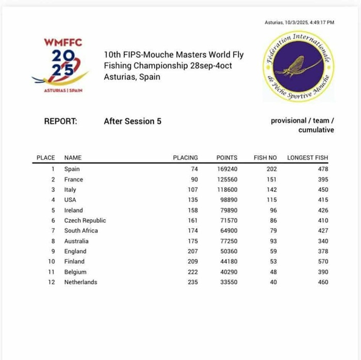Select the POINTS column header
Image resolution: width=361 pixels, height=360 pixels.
[x=227, y=158]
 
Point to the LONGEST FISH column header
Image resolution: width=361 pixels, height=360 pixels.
[x=307, y=158]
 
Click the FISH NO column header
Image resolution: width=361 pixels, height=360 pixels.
[x=266, y=158]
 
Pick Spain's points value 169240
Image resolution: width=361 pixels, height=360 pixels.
[x=227, y=169]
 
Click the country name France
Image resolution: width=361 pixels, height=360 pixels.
[x=73, y=179]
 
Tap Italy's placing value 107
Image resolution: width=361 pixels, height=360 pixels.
[x=193, y=190]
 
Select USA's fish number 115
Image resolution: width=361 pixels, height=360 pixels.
[x=271, y=200]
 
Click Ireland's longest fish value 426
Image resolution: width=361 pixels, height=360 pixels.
[x=323, y=210]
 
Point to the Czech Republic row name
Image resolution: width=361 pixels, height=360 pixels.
[x=85, y=221]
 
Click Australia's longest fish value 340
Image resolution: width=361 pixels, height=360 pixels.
[x=323, y=241]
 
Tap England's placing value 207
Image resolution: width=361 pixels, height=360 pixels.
[x=193, y=251]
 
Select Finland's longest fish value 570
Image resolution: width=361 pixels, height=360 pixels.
[x=323, y=261]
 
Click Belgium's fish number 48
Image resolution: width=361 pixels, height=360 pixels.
[x=273, y=272]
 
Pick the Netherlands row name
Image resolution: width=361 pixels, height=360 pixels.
[x=80, y=282]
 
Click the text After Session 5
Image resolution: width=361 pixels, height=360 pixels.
[x=133, y=121]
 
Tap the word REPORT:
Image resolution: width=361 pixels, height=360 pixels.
[x=60, y=121]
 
